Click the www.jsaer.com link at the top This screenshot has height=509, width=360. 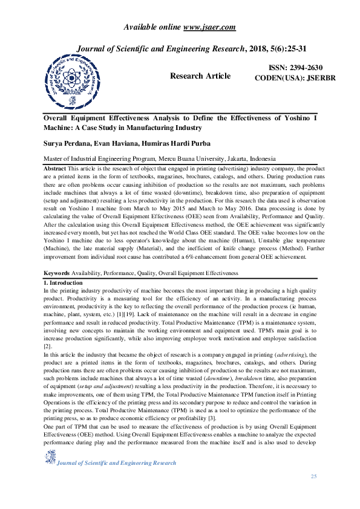coord(209,27)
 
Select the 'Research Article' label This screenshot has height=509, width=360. coord(200,76)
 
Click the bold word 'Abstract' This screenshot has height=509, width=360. coord(56,167)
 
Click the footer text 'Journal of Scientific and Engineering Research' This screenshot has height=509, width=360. coord(116,463)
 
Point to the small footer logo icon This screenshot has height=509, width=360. coord(48,459)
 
